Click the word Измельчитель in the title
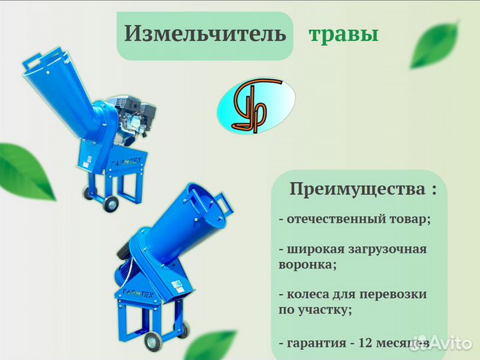click(x=205, y=34)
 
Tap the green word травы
click(x=343, y=35)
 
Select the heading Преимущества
click(x=356, y=189)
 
